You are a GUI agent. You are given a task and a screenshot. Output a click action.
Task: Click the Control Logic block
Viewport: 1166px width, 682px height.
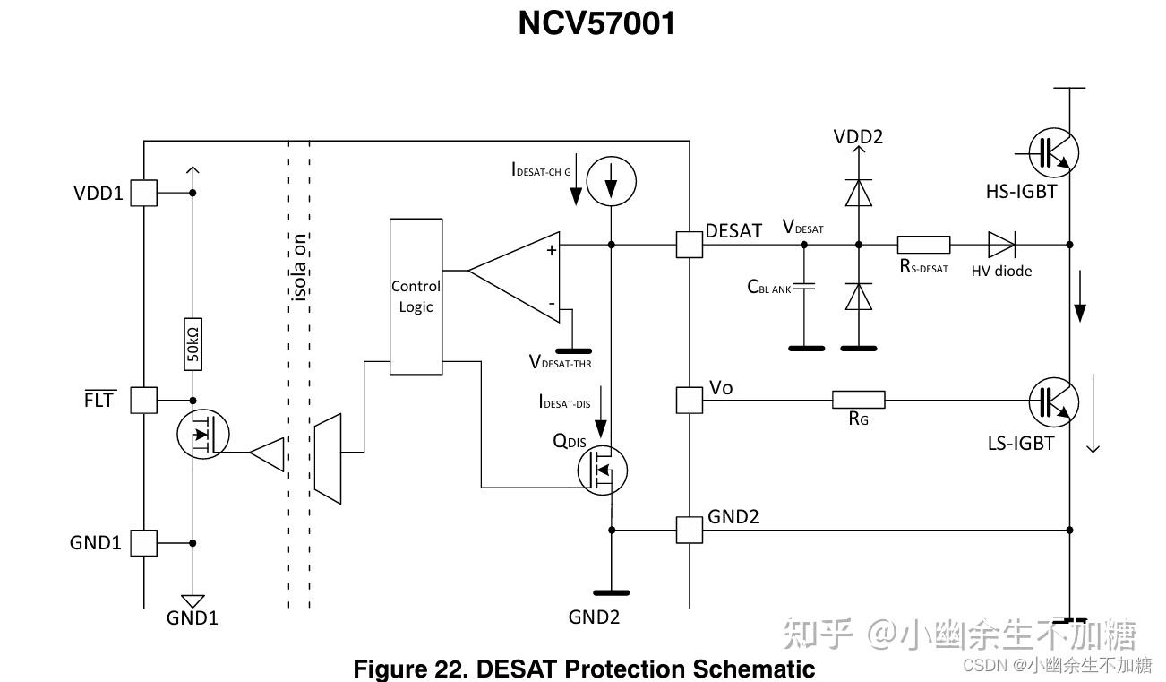click(416, 297)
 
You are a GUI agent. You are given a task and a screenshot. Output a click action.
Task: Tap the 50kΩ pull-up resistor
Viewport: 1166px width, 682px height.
click(193, 344)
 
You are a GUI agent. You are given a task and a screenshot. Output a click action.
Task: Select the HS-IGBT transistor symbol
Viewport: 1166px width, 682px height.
click(1053, 152)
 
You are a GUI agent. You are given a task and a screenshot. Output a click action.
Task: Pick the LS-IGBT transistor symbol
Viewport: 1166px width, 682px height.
click(1053, 402)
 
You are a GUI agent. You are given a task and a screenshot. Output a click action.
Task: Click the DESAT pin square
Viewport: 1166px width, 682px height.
click(690, 245)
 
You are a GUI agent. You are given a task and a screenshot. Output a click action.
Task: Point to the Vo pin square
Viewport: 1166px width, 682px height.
click(690, 401)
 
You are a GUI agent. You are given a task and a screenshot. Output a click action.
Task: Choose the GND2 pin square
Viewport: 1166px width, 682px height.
click(690, 531)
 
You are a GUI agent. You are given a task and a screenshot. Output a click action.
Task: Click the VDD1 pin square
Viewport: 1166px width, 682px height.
click(143, 193)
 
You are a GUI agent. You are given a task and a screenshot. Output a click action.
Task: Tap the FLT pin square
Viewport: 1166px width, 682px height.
click(143, 401)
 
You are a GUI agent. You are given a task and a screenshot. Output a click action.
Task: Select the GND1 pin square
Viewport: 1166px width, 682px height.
click(143, 543)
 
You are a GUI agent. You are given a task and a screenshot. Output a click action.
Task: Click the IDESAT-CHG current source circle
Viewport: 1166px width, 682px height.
click(611, 181)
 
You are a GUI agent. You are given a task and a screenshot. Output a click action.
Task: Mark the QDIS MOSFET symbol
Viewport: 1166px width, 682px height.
click(603, 470)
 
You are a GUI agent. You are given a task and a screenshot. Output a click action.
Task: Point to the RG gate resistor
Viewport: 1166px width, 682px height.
click(858, 400)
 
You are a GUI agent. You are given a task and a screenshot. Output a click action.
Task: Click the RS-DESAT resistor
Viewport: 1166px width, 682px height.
click(923, 245)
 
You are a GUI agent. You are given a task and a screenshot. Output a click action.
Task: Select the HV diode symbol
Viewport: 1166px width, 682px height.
click(1001, 245)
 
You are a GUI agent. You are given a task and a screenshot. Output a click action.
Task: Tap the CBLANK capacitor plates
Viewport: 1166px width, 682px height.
click(804, 286)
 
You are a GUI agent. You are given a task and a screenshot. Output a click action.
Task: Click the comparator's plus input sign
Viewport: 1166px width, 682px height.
click(552, 251)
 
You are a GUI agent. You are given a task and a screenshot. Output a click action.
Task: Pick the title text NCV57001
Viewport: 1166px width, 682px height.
click(596, 23)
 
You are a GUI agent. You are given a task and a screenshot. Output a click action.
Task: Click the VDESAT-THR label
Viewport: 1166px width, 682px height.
click(560, 362)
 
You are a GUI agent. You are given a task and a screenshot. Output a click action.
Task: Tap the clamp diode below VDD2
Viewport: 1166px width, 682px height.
click(858, 193)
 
